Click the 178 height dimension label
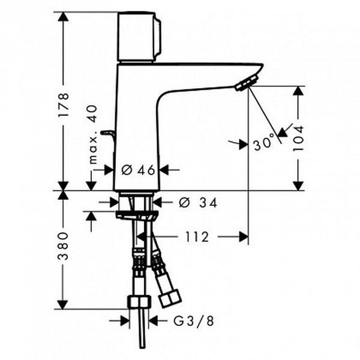pyautogui.click(x=63, y=105)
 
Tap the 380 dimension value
pyautogui.click(x=62, y=246)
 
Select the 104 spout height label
pyautogui.click(x=298, y=138)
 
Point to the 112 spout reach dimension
pyautogui.click(x=197, y=237)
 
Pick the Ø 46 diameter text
pyautogui.click(x=138, y=170)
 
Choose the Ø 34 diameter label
pyautogui.click(x=198, y=203)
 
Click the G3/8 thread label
pyautogui.click(x=194, y=321)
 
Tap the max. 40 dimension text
pyautogui.click(x=93, y=134)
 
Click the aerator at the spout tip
pyautogui.click(x=246, y=83)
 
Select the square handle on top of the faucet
pyautogui.click(x=139, y=37)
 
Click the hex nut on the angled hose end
pyautogui.click(x=170, y=298)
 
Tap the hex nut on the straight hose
pyautogui.click(x=139, y=302)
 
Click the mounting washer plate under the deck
pyautogui.click(x=137, y=215)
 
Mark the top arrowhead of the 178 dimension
pyautogui.click(x=63, y=17)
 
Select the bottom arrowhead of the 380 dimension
pyautogui.click(x=62, y=304)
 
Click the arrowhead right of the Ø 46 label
pyautogui.click(x=164, y=170)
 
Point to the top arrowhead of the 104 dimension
pyautogui.click(x=298, y=91)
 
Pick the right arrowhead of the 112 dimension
pyautogui.click(x=244, y=237)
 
